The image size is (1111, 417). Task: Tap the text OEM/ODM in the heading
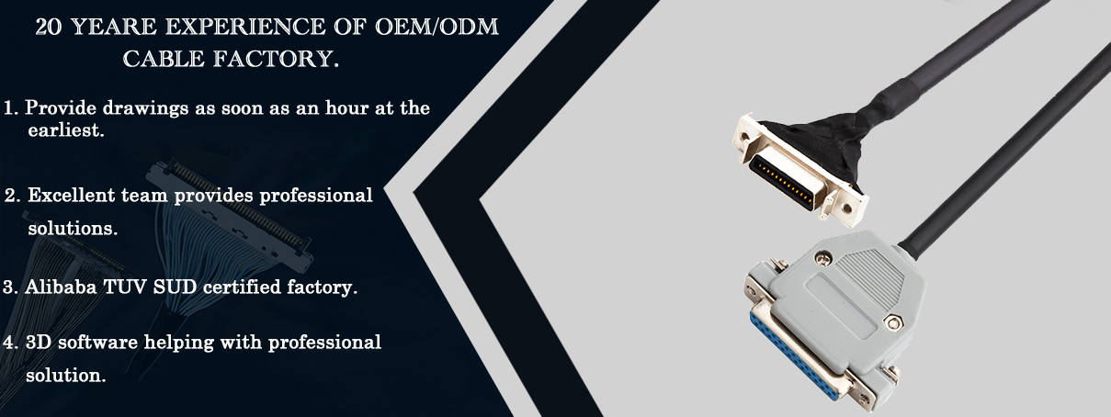(436, 27)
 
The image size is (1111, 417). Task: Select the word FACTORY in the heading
(277, 59)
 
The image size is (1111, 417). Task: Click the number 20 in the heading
(49, 27)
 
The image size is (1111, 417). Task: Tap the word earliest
(66, 130)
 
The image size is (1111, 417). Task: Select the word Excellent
(72, 196)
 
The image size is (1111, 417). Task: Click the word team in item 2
(144, 196)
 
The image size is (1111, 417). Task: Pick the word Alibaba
(61, 287)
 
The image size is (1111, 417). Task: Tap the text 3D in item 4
(39, 343)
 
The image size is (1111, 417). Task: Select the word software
(97, 343)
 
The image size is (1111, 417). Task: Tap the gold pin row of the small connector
(783, 184)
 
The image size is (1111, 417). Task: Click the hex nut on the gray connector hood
(894, 323)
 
